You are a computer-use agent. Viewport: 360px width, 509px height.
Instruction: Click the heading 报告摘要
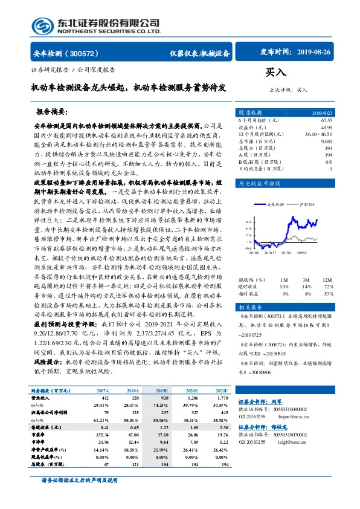(67, 112)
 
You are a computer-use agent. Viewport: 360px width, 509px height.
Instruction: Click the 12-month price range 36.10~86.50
(318, 134)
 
